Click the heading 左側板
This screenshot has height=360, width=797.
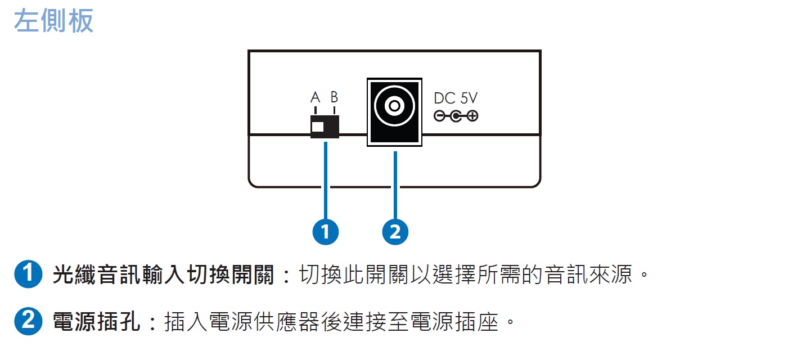point(53,21)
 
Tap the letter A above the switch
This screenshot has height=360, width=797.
point(316,97)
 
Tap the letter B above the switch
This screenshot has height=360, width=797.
point(334,97)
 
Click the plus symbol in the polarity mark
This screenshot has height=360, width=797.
point(472,116)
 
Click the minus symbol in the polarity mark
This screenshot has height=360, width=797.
point(439,116)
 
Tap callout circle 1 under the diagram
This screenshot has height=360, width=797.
point(325,231)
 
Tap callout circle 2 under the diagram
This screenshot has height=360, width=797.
point(395,231)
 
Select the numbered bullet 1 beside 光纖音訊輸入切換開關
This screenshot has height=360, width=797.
point(28,276)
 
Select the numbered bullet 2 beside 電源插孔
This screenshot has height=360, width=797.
point(28,322)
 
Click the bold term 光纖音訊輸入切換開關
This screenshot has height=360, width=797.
point(163,276)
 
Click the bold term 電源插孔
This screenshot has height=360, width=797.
point(96,322)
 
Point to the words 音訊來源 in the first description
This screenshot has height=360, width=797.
point(589,276)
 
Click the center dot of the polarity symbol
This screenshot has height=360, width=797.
point(456,116)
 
